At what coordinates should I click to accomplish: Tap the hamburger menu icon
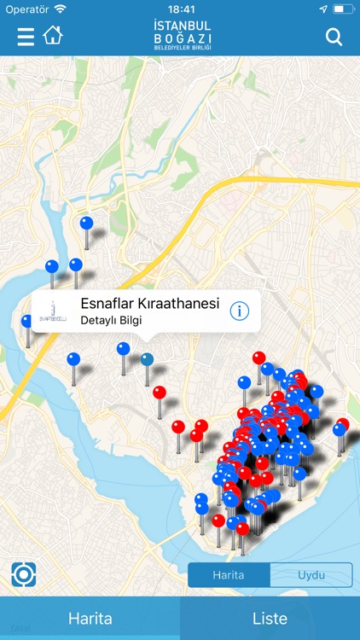coord(26,37)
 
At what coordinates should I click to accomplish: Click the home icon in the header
coord(53,36)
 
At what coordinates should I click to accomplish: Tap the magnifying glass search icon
coord(334,37)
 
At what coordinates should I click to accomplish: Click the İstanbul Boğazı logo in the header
coord(182,36)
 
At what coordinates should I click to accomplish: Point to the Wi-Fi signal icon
coord(60,9)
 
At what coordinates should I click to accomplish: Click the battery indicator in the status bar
coord(344,9)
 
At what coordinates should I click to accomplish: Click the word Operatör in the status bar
coord(26,9)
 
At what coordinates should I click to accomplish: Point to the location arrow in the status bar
coord(323,9)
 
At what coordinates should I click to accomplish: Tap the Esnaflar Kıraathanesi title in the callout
coord(150,304)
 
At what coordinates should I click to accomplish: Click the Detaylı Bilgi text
coord(111,321)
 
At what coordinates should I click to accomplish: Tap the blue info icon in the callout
coord(240,311)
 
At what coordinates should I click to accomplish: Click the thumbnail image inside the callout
coord(52,312)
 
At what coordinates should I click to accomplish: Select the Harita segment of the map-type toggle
coord(229,575)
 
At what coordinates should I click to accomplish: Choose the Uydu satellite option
coord(311,575)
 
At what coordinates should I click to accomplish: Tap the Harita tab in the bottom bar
coord(90,619)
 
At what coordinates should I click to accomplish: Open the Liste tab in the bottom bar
coord(270,619)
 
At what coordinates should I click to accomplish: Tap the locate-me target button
coord(23,575)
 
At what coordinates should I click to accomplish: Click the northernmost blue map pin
coord(86,224)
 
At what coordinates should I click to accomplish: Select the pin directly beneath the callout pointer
coord(148,360)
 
